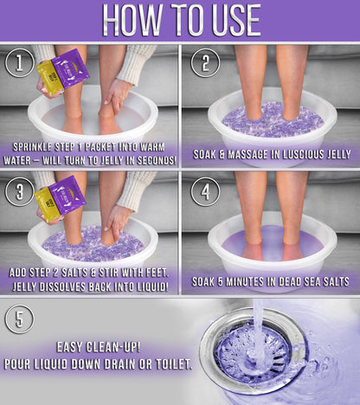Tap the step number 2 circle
[206, 62]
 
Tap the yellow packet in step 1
[49, 79]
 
